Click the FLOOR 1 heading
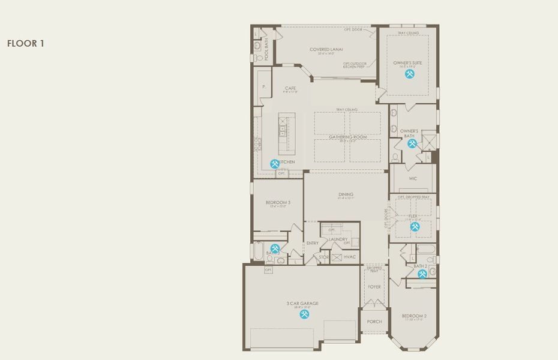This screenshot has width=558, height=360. [x=26, y=43]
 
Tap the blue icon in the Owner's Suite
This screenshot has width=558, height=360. [x=410, y=74]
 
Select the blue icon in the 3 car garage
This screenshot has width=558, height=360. [x=305, y=314]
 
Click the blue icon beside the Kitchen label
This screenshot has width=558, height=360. [x=275, y=163]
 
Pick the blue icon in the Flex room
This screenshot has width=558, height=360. [x=415, y=226]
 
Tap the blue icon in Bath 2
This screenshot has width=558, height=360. [x=422, y=274]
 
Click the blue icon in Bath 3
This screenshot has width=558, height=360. [x=275, y=248]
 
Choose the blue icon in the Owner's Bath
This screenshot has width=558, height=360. [x=412, y=143]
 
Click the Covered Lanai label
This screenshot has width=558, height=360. [x=325, y=49]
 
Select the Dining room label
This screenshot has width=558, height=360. [x=346, y=194]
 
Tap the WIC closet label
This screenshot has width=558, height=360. [x=413, y=178]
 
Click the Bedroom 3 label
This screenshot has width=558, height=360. [x=278, y=203]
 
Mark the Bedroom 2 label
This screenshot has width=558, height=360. [x=414, y=316]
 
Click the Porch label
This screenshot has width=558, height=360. [x=374, y=322]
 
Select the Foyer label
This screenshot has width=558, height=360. [x=374, y=287]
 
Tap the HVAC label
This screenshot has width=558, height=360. [x=350, y=257]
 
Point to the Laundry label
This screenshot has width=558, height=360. [x=338, y=239]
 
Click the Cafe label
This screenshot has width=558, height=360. [x=290, y=88]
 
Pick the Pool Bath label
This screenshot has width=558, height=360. [x=267, y=49]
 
